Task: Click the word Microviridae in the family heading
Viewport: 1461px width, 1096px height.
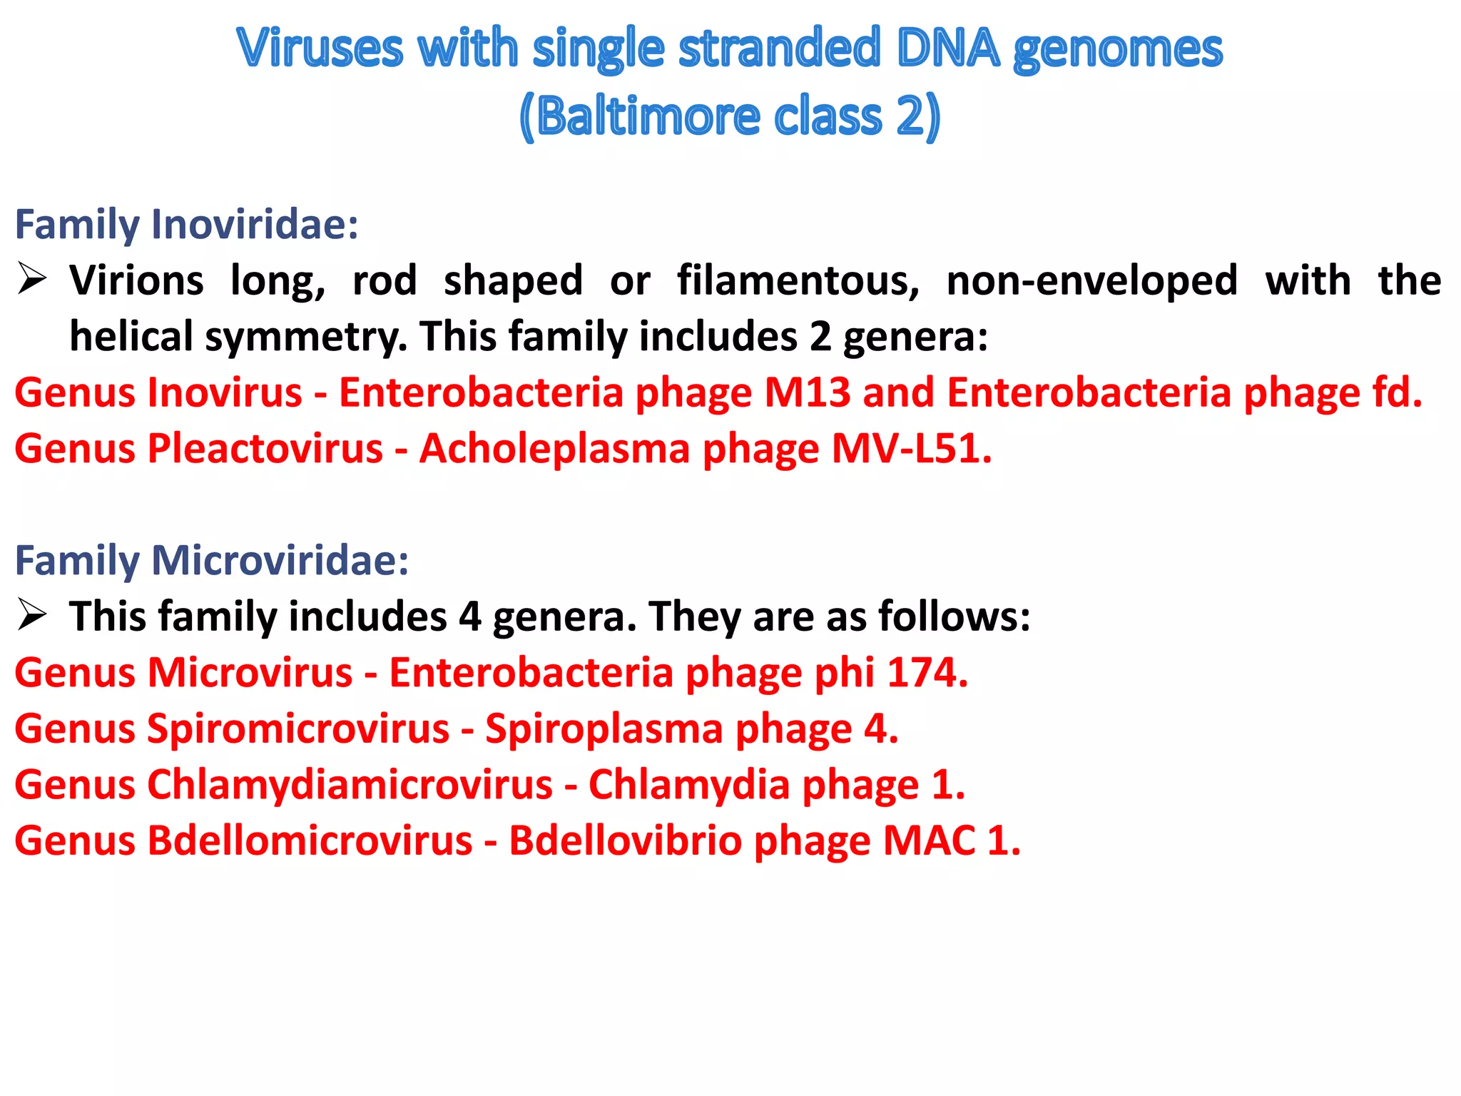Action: pos(280,560)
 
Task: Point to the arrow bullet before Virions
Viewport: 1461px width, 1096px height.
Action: pos(32,279)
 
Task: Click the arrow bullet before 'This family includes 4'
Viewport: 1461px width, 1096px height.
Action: pos(32,615)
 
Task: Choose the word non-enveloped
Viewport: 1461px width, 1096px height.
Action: pos(1092,280)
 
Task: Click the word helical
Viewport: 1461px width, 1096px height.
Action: pos(131,336)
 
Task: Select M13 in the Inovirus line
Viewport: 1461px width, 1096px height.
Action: pos(808,392)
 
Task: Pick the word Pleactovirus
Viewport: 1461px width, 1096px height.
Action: pos(265,449)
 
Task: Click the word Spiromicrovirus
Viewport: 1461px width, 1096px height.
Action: pos(298,729)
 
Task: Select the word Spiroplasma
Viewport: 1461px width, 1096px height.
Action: pos(604,729)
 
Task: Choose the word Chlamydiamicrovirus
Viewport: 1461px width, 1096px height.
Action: pos(350,785)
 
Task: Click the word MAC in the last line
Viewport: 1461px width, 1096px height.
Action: pos(930,841)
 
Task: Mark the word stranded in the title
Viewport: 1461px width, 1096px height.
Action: pos(780,49)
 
